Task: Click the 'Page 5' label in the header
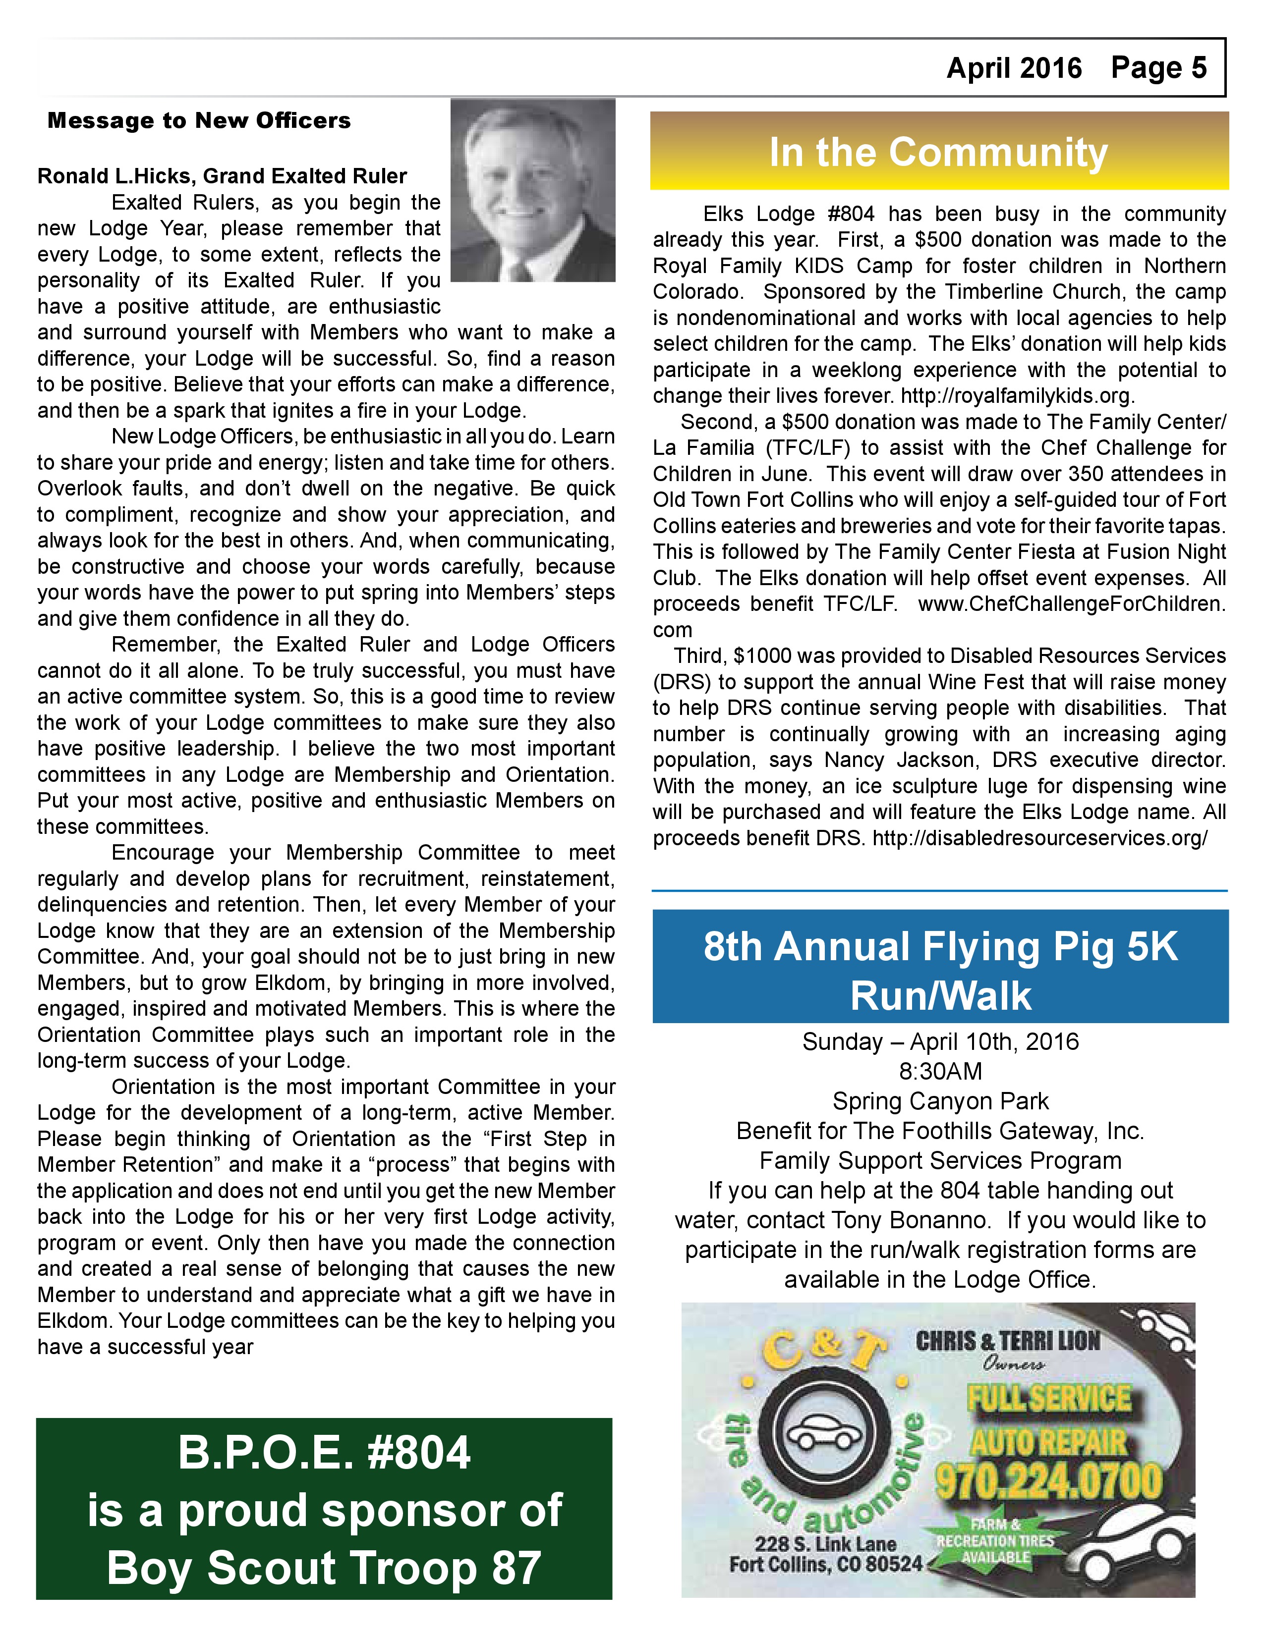pos(1158,68)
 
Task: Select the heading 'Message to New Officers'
pos(199,120)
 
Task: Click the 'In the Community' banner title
pos(938,152)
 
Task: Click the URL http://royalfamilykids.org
pos(1018,395)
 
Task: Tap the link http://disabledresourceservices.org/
pos(1040,838)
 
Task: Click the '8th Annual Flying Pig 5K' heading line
pos(940,946)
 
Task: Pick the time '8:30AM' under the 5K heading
pos(940,1071)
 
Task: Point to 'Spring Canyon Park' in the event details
pos(940,1101)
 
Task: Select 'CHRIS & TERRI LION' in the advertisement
pos(1008,1341)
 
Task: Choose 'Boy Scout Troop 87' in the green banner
pos(324,1568)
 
